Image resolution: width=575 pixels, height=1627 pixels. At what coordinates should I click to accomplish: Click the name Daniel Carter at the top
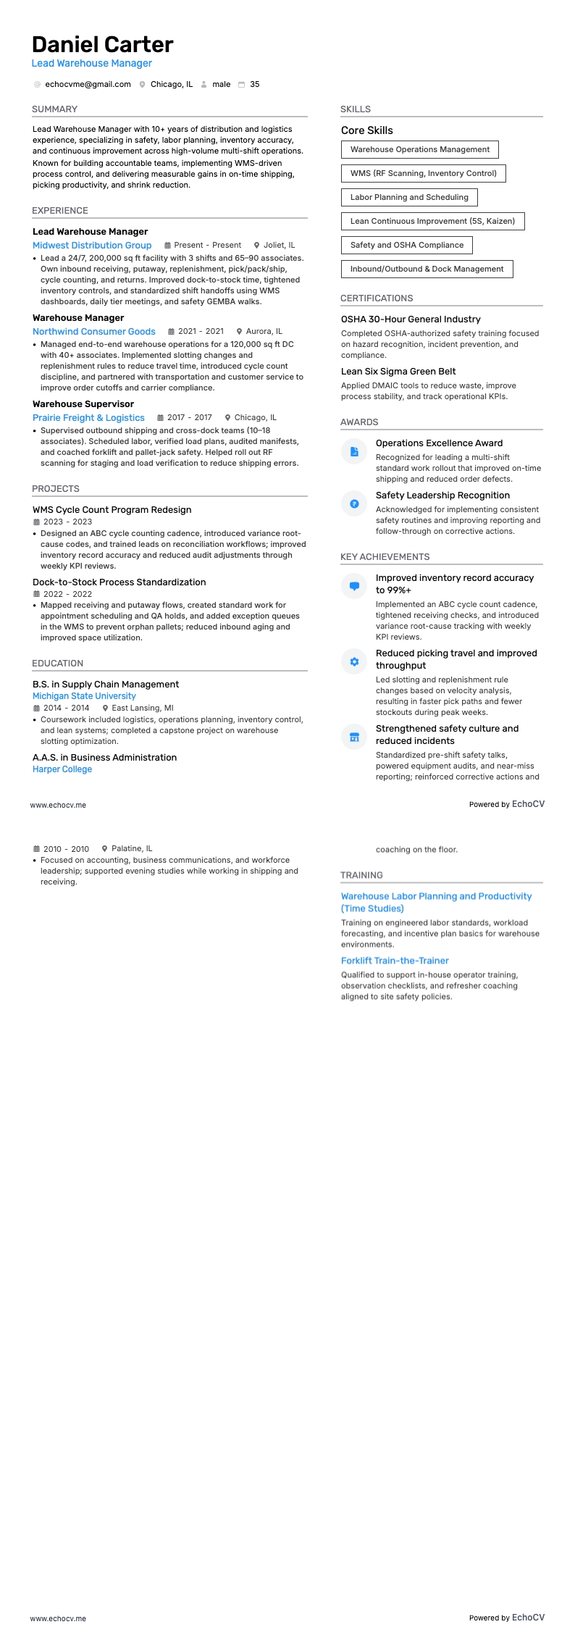click(102, 45)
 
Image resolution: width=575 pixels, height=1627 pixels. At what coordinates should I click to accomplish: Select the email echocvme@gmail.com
click(88, 85)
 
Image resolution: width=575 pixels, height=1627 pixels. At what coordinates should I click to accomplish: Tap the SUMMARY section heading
click(54, 109)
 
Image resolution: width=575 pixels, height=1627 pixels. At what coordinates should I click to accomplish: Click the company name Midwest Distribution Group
click(92, 246)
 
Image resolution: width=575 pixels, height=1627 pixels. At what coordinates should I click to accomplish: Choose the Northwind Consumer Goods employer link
click(94, 332)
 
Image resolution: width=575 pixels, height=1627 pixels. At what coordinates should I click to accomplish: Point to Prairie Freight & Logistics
click(88, 418)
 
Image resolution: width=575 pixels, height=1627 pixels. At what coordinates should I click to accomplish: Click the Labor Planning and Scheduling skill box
click(409, 197)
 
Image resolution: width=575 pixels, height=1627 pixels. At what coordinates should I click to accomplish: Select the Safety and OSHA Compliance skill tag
click(406, 245)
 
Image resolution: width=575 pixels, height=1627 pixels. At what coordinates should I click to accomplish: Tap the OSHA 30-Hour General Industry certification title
click(411, 319)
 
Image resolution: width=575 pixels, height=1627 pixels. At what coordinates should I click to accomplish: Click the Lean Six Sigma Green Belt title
click(398, 372)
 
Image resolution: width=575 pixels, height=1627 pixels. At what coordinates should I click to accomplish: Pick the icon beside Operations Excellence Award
click(354, 451)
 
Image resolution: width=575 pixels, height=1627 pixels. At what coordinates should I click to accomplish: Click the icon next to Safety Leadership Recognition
click(354, 503)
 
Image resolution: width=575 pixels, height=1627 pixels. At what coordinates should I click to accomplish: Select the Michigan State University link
click(84, 696)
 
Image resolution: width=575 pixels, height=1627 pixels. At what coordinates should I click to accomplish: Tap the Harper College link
click(62, 769)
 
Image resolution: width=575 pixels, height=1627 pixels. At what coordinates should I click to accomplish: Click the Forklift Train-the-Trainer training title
click(395, 961)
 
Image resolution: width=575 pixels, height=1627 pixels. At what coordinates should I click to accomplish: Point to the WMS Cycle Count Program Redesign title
click(112, 510)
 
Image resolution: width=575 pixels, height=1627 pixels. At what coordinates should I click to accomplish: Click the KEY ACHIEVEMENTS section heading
click(385, 557)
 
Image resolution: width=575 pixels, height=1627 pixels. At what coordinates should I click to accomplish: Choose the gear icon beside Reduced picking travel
click(354, 661)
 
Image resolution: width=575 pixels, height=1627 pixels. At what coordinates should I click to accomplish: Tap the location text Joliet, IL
click(279, 246)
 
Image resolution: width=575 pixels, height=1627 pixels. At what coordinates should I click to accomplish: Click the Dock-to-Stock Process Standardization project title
click(119, 582)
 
